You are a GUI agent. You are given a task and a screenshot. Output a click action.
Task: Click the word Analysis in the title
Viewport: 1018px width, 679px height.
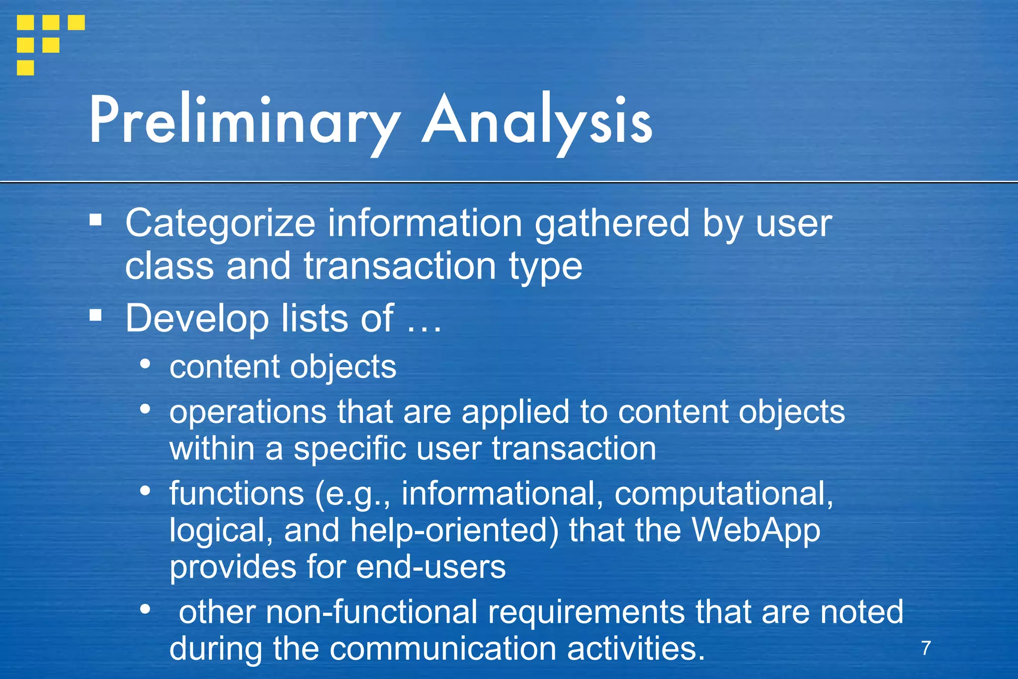point(537,121)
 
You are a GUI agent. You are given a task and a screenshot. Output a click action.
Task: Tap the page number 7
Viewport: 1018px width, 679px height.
point(926,648)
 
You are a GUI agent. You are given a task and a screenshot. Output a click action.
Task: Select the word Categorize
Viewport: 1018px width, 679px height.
point(220,224)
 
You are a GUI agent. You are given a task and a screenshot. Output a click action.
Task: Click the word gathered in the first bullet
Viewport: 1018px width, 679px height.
point(612,223)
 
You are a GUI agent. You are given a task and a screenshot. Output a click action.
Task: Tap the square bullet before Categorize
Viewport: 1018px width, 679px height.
point(95,219)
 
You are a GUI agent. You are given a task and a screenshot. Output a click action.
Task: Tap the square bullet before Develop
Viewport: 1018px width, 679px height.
point(95,314)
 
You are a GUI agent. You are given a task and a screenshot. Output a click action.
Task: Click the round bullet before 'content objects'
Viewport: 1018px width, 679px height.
point(145,364)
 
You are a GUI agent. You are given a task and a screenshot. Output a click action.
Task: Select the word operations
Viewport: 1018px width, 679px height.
point(248,412)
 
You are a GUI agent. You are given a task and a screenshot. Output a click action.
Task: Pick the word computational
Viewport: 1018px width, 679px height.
point(724,494)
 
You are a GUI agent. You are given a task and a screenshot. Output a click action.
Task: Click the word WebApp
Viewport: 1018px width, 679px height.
point(756,531)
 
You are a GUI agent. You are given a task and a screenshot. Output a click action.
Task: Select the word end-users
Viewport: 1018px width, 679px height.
point(431,567)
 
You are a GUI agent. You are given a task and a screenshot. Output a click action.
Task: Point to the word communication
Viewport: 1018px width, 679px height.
point(442,649)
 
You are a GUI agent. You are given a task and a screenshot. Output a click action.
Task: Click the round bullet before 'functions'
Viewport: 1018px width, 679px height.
point(145,490)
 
